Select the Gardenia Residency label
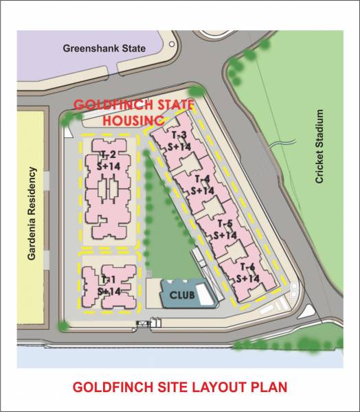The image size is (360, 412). click(x=32, y=214)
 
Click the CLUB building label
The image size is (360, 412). click(x=181, y=297)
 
